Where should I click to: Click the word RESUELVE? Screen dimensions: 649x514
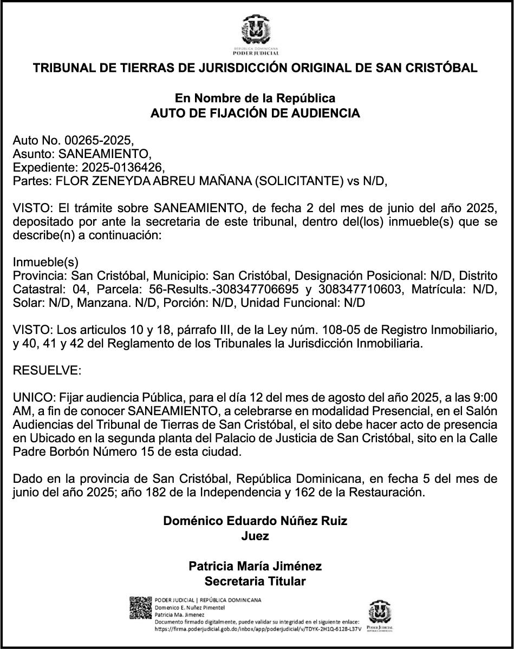[46, 371]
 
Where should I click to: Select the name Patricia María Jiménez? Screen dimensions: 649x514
[255, 566]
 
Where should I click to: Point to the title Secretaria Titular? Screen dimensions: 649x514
[255, 582]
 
